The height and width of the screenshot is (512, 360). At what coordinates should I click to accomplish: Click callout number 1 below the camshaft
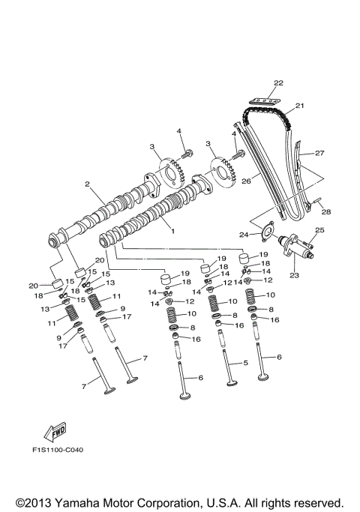point(172,232)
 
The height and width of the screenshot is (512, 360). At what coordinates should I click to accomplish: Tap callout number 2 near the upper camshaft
point(87,184)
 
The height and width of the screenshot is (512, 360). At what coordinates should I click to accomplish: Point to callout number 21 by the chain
point(299,106)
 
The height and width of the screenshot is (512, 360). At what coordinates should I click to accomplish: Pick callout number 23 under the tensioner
point(293,275)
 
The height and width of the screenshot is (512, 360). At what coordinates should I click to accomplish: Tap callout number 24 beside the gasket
point(244,234)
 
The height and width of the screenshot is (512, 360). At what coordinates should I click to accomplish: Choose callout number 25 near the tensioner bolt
point(318,230)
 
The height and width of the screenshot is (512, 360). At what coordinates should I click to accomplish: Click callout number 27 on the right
point(319,153)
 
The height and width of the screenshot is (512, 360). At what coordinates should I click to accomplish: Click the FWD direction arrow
point(53,433)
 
